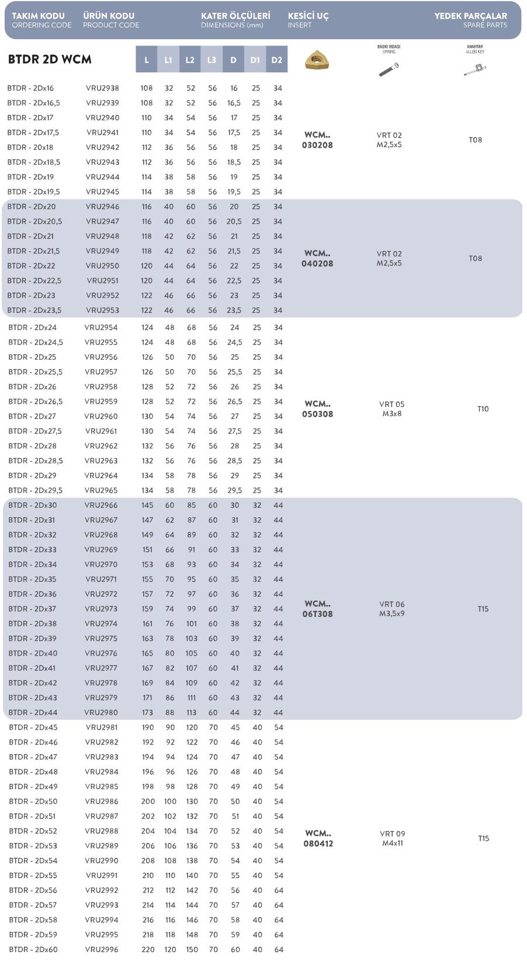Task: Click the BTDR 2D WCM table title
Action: coord(50,60)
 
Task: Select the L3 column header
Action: coord(212,60)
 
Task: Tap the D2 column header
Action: coord(277,60)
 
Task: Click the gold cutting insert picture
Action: coord(317,59)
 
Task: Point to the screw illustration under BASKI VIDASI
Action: coord(389,69)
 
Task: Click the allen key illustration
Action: coord(475,70)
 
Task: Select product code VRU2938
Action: coord(102,88)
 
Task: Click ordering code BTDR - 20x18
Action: coord(30,148)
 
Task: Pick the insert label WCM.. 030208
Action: coord(317,140)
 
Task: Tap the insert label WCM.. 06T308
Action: coord(317,609)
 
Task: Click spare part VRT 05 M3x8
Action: coord(391,409)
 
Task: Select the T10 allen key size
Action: coord(483,409)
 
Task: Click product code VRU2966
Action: coord(101,506)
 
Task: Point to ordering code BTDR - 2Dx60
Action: coord(33,950)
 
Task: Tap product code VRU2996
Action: coord(102,950)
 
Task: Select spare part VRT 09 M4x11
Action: coord(393,838)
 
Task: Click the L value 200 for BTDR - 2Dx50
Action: coord(148,801)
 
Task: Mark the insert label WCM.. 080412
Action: coord(317,838)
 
